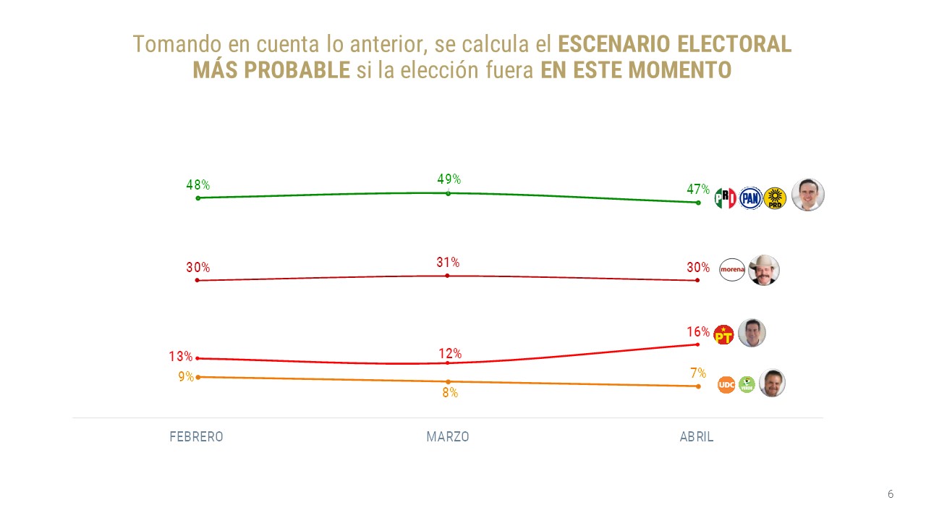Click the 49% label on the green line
(x=449, y=179)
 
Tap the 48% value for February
(x=197, y=185)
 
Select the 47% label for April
(x=698, y=190)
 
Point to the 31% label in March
(x=448, y=263)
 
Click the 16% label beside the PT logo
(x=698, y=332)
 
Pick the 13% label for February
(x=180, y=357)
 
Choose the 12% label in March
(x=450, y=354)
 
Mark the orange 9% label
(x=186, y=376)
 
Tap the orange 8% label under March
(x=450, y=393)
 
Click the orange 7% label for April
(x=698, y=373)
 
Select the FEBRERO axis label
(x=196, y=437)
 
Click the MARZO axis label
(x=448, y=437)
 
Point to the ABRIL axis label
(x=697, y=437)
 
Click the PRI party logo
(x=725, y=198)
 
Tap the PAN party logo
(x=750, y=198)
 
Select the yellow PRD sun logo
(x=775, y=198)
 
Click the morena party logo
(x=732, y=270)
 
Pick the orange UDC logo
(x=726, y=385)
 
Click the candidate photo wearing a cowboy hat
(x=763, y=270)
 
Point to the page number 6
(x=891, y=494)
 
